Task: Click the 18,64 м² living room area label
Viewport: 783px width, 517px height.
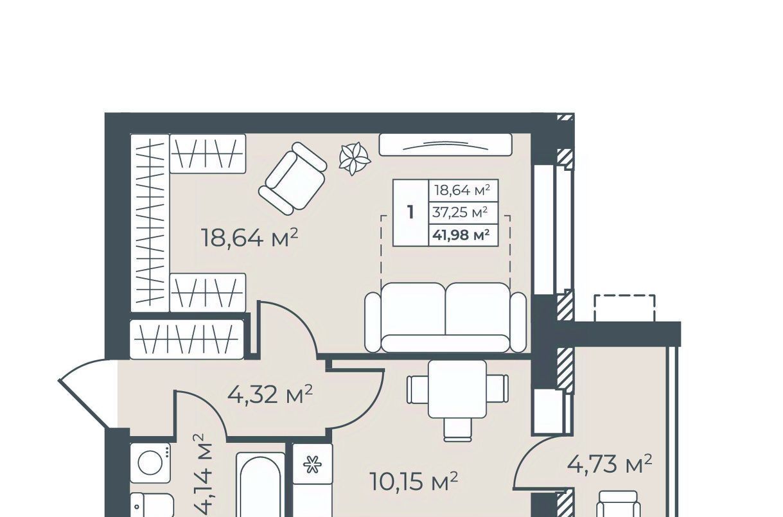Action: pyautogui.click(x=250, y=238)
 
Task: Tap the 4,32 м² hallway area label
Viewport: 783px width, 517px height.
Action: pyautogui.click(x=270, y=395)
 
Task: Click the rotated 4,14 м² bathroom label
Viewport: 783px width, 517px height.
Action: pyautogui.click(x=202, y=475)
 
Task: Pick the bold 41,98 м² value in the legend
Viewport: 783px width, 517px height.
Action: pyautogui.click(x=461, y=235)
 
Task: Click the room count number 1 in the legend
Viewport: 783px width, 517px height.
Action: pyautogui.click(x=410, y=212)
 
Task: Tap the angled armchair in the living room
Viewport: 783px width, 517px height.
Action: pyautogui.click(x=293, y=179)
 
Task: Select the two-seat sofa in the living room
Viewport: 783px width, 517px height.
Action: pyautogui.click(x=445, y=317)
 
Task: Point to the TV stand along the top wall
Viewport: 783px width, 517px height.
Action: pyautogui.click(x=446, y=145)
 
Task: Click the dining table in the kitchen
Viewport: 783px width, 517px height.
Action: pyautogui.click(x=457, y=389)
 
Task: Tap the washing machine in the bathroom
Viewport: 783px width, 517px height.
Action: pyautogui.click(x=150, y=463)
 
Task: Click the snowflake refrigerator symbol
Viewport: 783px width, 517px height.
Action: pyautogui.click(x=312, y=465)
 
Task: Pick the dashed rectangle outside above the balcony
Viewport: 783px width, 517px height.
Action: pyautogui.click(x=624, y=308)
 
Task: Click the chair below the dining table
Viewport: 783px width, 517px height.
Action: pyautogui.click(x=459, y=430)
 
